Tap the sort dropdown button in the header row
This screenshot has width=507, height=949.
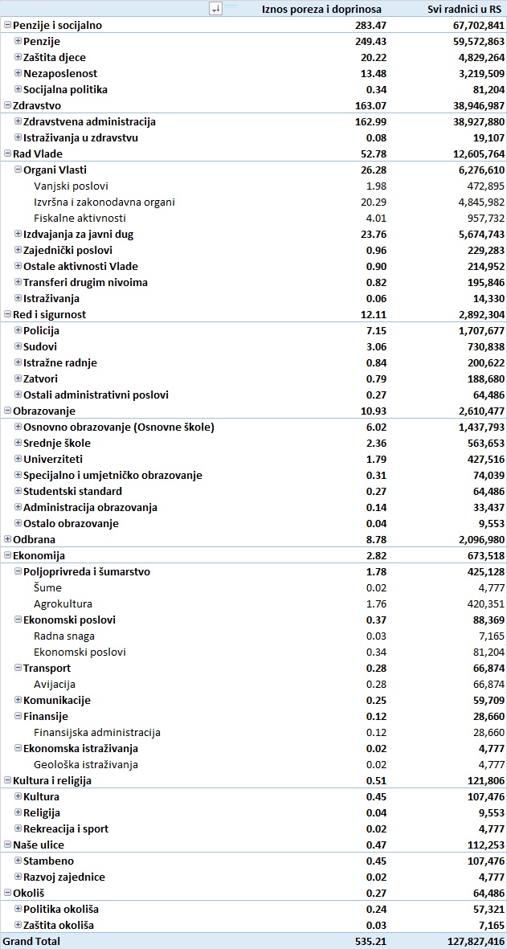(215, 9)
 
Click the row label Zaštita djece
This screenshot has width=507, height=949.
(55, 57)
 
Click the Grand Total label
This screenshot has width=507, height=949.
(31, 941)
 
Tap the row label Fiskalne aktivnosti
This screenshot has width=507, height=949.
(80, 218)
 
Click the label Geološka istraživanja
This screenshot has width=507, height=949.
(86, 764)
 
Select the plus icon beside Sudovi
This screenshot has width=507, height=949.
(18, 346)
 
